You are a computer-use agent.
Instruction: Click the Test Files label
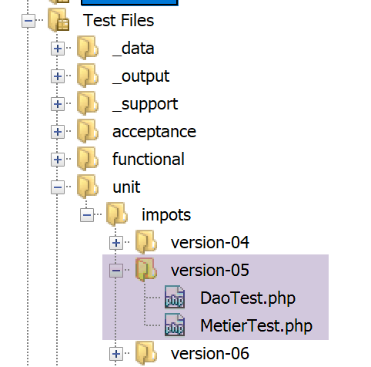119,20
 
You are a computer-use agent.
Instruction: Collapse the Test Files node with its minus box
28,21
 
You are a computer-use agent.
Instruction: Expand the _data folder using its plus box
58,49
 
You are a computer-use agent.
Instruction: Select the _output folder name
141,76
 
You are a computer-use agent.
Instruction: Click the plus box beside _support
58,104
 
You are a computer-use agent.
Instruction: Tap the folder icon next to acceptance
88,131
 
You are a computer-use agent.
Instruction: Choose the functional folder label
149,159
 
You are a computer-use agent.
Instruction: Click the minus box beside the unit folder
58,187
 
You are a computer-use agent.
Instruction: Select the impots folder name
166,215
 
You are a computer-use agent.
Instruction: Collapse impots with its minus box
87,215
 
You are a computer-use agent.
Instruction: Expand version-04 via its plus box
116,243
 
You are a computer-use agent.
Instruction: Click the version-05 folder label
210,270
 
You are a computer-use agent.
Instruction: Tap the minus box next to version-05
116,271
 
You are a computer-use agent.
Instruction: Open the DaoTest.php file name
248,298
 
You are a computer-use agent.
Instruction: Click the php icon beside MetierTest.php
175,325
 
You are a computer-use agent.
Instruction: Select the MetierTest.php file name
256,325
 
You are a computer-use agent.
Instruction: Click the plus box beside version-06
116,354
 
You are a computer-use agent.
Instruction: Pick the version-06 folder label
210,353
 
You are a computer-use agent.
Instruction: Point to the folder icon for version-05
146,270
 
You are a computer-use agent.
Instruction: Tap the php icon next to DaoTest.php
175,297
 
